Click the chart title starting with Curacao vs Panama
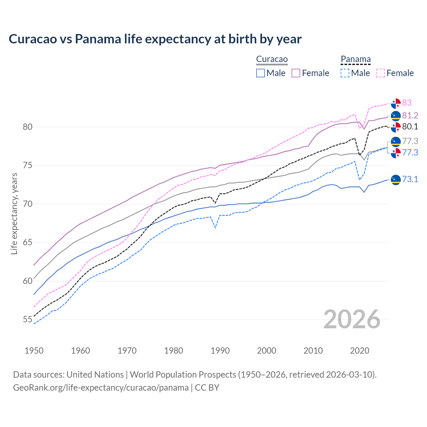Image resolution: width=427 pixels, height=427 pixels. click(155, 39)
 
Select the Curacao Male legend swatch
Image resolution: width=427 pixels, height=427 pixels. click(261, 73)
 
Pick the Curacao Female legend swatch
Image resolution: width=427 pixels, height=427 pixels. click(296, 73)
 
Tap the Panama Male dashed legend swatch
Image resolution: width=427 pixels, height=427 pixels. click(345, 73)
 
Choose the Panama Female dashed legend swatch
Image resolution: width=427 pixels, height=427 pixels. click(380, 73)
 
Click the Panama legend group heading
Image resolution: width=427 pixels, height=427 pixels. click(356, 59)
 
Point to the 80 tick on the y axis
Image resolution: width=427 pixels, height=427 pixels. click(28, 127)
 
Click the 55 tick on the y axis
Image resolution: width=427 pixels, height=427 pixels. click(28, 320)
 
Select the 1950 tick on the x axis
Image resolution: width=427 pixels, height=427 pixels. click(34, 351)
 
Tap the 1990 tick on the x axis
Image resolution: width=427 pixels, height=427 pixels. click(220, 351)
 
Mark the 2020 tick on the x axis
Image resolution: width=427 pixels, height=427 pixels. click(360, 351)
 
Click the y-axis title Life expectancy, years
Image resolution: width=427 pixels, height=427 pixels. click(14, 213)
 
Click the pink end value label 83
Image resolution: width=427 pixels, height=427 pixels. click(407, 103)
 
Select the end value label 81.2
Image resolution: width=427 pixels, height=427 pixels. click(410, 115)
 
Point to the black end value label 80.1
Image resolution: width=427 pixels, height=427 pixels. click(410, 127)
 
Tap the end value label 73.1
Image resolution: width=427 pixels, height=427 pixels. click(410, 179)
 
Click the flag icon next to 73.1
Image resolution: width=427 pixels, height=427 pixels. click(396, 179)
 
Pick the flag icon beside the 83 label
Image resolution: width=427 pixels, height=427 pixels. click(396, 103)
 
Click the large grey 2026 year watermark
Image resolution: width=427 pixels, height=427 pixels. click(352, 319)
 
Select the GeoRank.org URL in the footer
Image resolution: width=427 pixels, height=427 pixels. click(101, 388)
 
